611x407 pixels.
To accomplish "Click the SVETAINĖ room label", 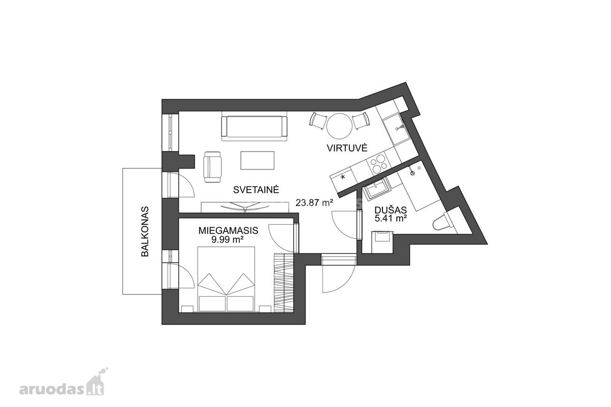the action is (x=256, y=189).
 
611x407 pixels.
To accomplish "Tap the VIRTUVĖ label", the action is (x=347, y=148).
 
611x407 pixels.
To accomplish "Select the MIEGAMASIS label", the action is (x=228, y=230).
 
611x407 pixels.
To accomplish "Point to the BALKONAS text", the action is (x=145, y=231).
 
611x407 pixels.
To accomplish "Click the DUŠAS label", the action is (x=391, y=210).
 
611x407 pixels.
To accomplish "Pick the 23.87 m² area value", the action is (x=315, y=203).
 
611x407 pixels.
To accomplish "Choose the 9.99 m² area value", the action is (x=228, y=240).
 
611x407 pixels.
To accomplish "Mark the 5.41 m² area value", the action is (x=391, y=218).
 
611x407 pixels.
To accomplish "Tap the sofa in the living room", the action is (x=255, y=126).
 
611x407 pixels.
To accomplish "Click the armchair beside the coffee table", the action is (x=213, y=167).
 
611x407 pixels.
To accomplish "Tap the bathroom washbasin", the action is (x=376, y=190).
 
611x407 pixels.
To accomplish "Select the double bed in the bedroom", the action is (x=226, y=279).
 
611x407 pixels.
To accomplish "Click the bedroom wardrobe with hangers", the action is (x=284, y=283).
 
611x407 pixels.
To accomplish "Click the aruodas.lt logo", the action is (x=63, y=385).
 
